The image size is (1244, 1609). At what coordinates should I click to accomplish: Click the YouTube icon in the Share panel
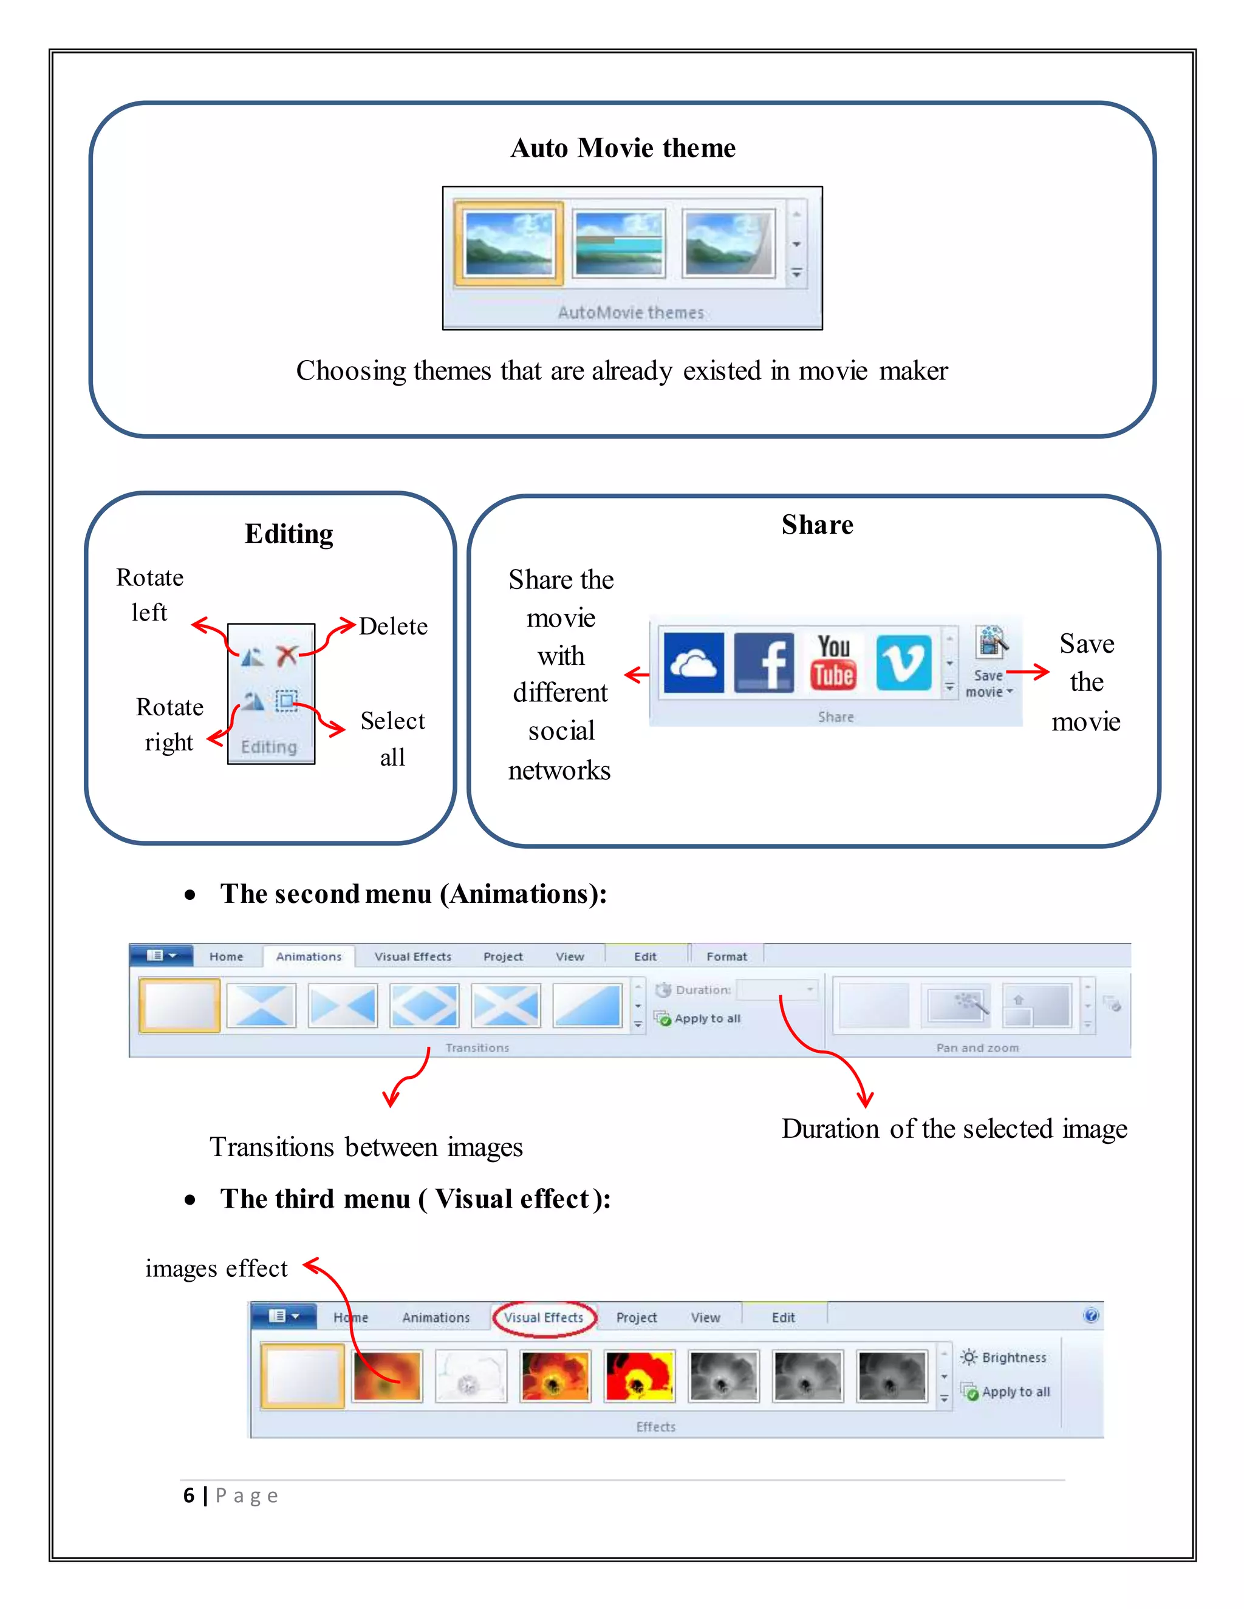(833, 662)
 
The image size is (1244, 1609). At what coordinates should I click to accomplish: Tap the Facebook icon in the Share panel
(764, 662)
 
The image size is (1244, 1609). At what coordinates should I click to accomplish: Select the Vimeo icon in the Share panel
(903, 662)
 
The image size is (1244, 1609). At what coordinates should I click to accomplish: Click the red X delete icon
(286, 655)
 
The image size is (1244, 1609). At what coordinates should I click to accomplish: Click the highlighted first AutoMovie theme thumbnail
(508, 243)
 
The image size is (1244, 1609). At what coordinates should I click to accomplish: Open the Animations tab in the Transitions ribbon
(309, 956)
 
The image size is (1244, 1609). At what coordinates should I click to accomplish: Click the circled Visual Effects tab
(544, 1318)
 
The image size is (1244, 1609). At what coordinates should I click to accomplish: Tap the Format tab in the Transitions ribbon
(726, 956)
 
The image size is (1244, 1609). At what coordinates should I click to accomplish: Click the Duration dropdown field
(777, 990)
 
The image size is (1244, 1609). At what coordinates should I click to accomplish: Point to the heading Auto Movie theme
(623, 148)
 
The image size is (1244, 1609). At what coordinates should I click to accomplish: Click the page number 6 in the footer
(190, 1495)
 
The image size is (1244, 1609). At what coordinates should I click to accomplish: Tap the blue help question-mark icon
(1092, 1316)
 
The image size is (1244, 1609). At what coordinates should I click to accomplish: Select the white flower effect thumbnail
(470, 1375)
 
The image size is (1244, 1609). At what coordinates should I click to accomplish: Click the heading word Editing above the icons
(289, 533)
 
